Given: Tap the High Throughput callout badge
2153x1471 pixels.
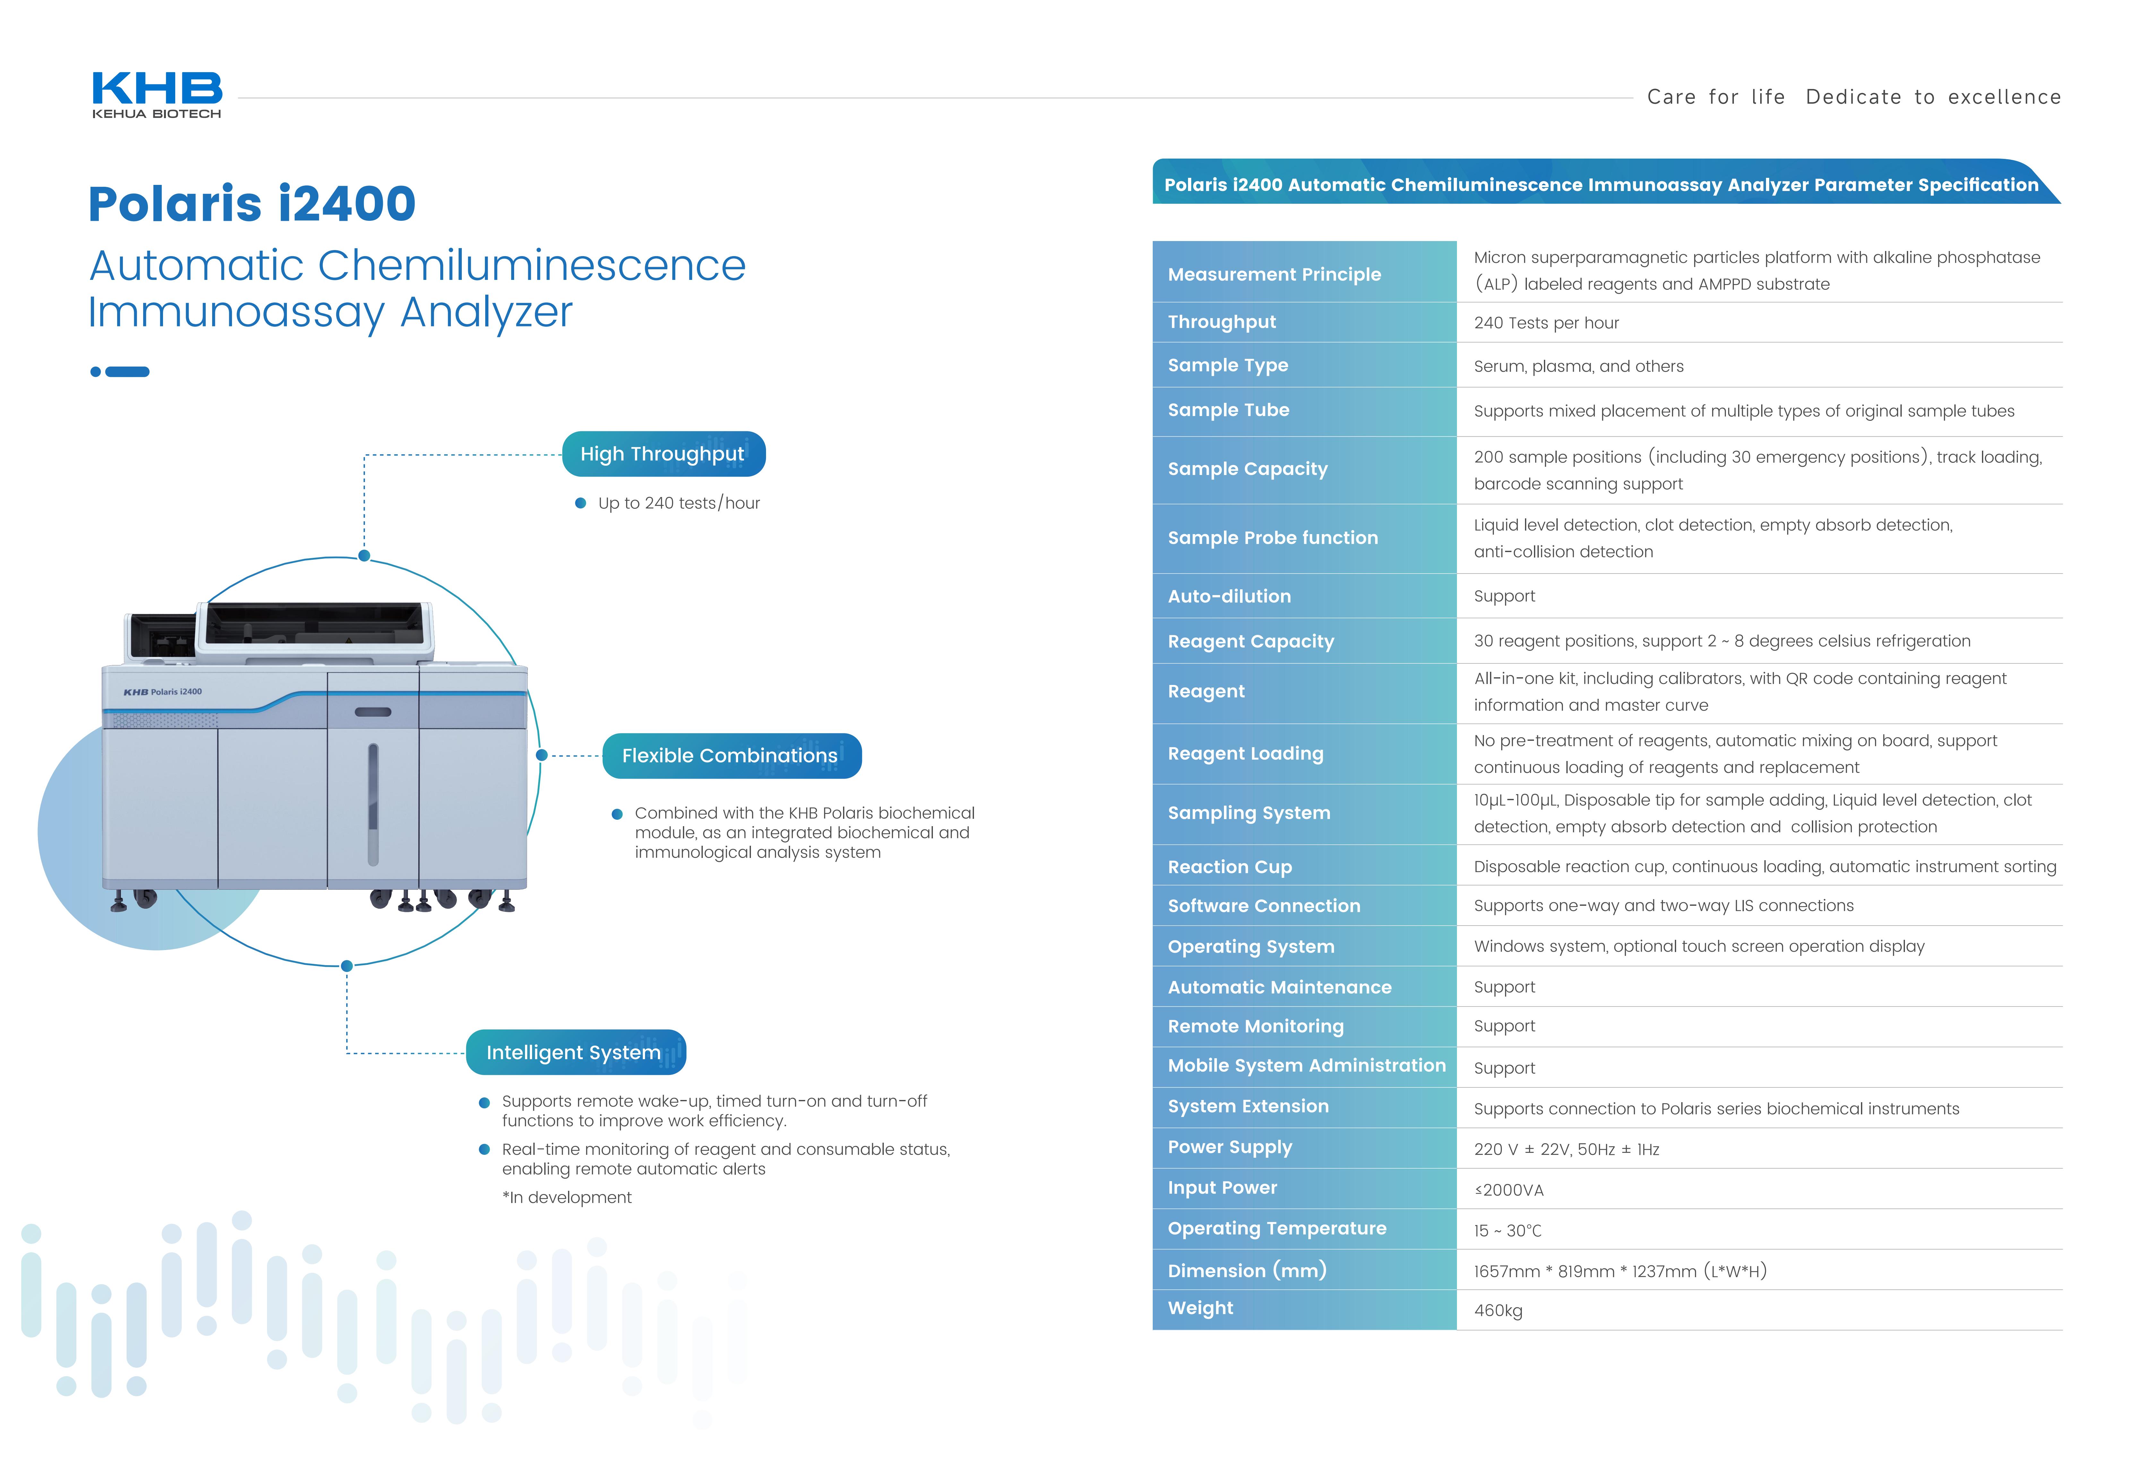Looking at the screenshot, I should (663, 454).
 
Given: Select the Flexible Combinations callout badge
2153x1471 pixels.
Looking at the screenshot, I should (731, 756).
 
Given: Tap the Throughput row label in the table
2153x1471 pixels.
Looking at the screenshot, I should (1221, 322).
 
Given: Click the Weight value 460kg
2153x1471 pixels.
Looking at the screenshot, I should (1498, 1310).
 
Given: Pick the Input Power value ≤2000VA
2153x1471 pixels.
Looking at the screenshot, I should (1508, 1190).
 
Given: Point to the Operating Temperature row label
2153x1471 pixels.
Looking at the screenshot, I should (1277, 1228).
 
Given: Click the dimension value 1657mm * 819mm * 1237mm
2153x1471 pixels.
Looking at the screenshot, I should (1619, 1271).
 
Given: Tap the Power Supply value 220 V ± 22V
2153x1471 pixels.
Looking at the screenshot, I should (1566, 1149).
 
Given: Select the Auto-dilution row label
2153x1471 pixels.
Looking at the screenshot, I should (1228, 597).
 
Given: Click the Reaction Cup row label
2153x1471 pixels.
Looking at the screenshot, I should (1229, 867).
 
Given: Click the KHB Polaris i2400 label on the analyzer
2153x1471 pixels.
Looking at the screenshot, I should (163, 692).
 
